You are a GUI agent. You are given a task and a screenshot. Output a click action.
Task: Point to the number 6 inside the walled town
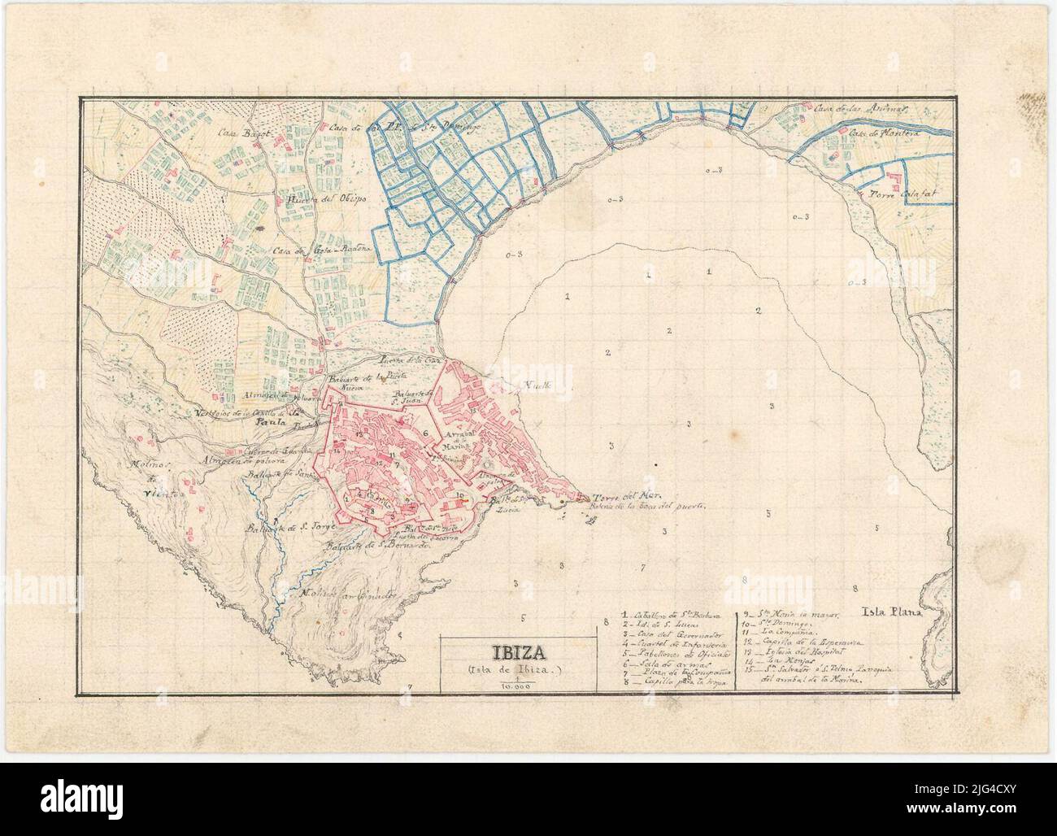tap(425, 433)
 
